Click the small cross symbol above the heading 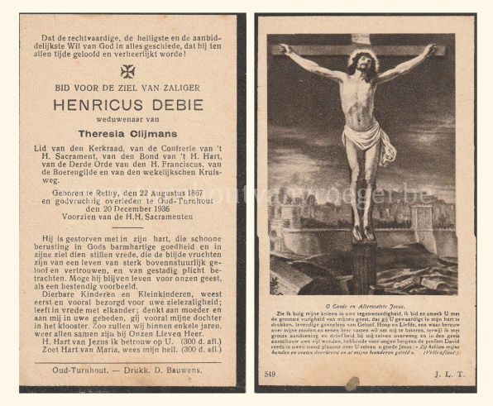(x=127, y=71)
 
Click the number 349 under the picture (x=270, y=375)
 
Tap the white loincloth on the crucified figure (x=365, y=141)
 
